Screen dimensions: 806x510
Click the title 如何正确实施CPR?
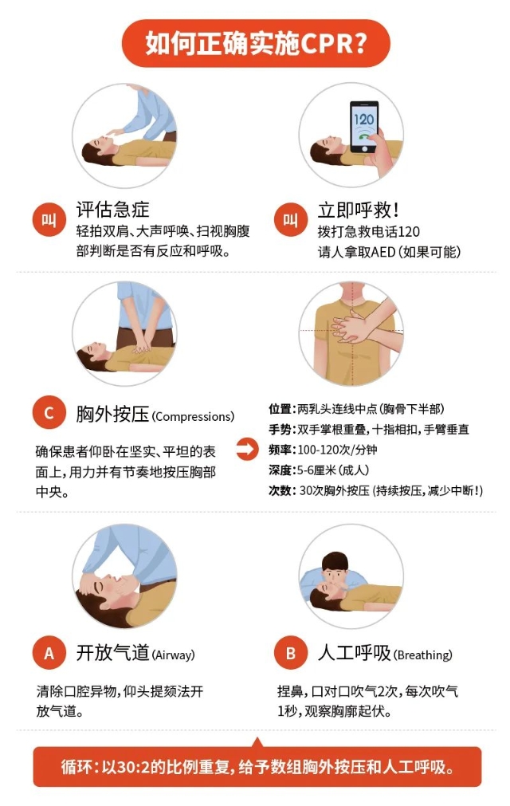click(x=255, y=43)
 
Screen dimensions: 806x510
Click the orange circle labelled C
click(x=49, y=414)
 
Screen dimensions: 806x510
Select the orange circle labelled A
click(x=49, y=653)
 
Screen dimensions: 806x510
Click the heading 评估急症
click(x=112, y=210)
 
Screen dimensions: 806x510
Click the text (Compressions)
click(x=193, y=416)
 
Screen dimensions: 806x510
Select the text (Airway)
click(x=173, y=655)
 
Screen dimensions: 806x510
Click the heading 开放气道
click(x=112, y=653)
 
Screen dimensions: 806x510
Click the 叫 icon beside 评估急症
click(x=49, y=220)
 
